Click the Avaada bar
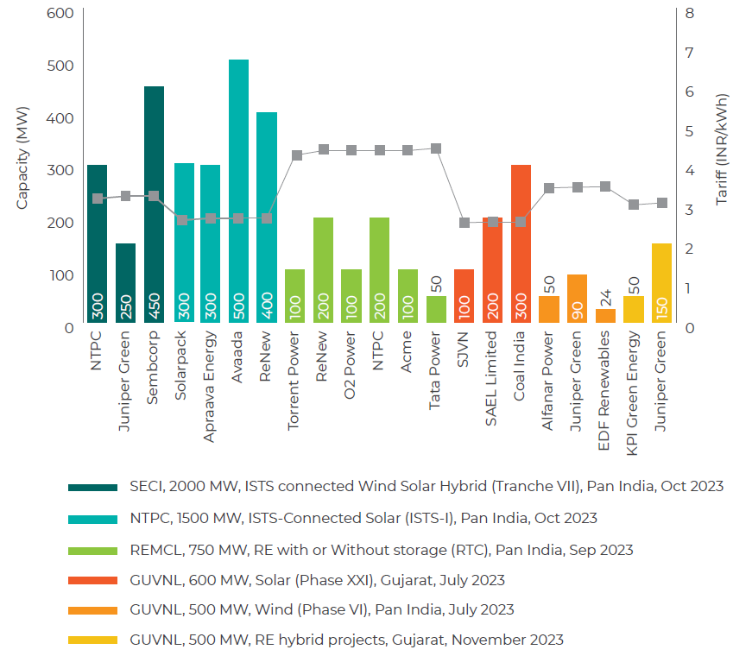[238, 190]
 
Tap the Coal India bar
[521, 243]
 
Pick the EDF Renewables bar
[605, 315]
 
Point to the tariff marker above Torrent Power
[296, 155]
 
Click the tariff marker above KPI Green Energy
[634, 205]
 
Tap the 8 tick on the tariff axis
[689, 14]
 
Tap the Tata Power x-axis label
[436, 372]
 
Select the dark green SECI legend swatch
[92, 487]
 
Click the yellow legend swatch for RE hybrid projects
[92, 640]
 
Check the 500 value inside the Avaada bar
[238, 308]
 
